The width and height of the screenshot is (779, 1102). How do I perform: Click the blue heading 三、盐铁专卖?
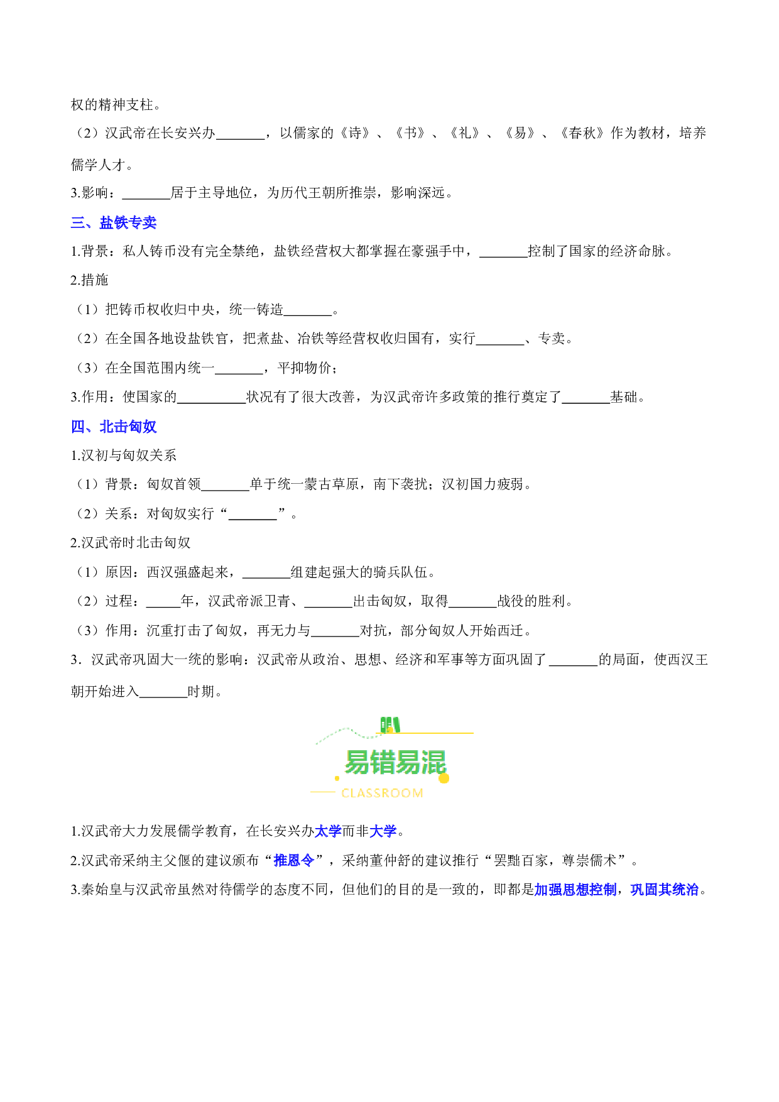[x=114, y=222]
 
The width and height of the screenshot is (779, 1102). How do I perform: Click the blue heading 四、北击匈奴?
[x=114, y=427]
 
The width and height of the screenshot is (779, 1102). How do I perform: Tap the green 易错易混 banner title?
[x=395, y=763]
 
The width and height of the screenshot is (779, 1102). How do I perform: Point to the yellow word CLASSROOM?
[x=382, y=794]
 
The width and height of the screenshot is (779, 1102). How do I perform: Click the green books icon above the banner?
[x=389, y=725]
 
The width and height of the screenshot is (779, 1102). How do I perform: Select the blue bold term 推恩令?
[x=294, y=860]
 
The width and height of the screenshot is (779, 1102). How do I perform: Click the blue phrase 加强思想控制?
[x=575, y=890]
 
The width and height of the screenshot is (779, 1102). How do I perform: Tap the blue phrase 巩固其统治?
[x=665, y=890]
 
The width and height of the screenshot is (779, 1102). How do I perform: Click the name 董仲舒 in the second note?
[x=390, y=860]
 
